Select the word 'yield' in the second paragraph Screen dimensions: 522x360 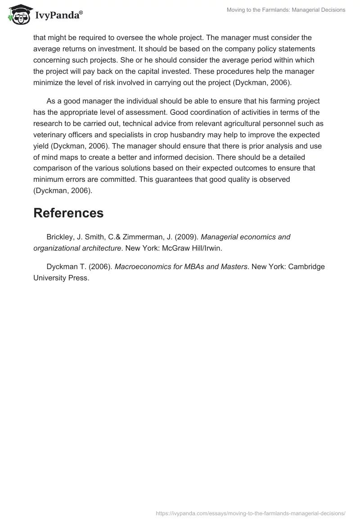point(41,146)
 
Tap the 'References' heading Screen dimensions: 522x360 point(68,212)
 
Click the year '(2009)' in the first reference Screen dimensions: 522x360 point(186,237)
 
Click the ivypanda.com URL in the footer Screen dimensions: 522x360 point(251,513)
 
